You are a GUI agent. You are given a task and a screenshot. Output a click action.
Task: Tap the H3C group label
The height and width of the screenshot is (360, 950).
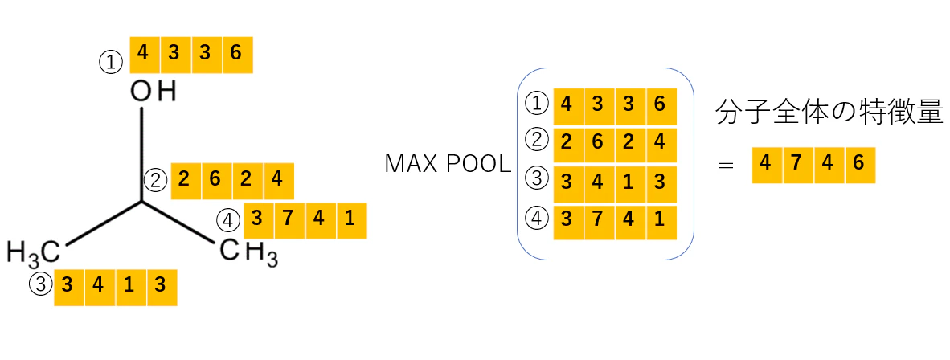pos(33,252)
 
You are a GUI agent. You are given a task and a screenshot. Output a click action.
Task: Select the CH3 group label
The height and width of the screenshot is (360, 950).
pos(249,252)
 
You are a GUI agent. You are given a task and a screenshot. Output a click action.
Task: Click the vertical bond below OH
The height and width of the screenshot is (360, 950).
pos(141,154)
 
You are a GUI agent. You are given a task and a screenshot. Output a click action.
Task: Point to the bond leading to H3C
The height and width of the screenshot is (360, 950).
pos(103,223)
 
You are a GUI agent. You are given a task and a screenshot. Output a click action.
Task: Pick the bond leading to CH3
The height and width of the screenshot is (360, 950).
pos(178,223)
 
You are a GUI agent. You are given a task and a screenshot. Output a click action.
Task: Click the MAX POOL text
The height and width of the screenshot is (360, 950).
pos(448,165)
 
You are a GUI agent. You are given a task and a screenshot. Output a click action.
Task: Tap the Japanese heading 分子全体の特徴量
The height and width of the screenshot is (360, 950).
pos(829,113)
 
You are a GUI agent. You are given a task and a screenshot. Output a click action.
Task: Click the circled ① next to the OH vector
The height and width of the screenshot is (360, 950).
pos(111,63)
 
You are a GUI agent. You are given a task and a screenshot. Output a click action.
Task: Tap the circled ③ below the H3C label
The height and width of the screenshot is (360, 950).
pos(41,284)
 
